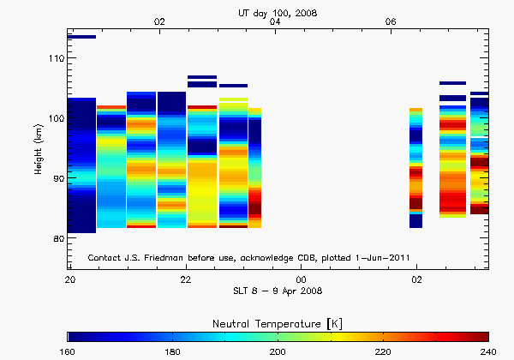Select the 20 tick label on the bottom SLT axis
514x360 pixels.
pyautogui.click(x=69, y=279)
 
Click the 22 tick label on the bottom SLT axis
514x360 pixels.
pyautogui.click(x=185, y=279)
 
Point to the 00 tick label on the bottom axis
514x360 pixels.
pyautogui.click(x=301, y=279)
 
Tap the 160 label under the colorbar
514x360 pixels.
pyautogui.click(x=69, y=351)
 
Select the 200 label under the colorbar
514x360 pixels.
pyautogui.click(x=278, y=351)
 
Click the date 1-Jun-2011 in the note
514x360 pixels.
pyautogui.click(x=391, y=257)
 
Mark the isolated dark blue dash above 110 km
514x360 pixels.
pyautogui.click(x=81, y=37)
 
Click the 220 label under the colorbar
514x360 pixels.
pyautogui.click(x=383, y=351)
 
